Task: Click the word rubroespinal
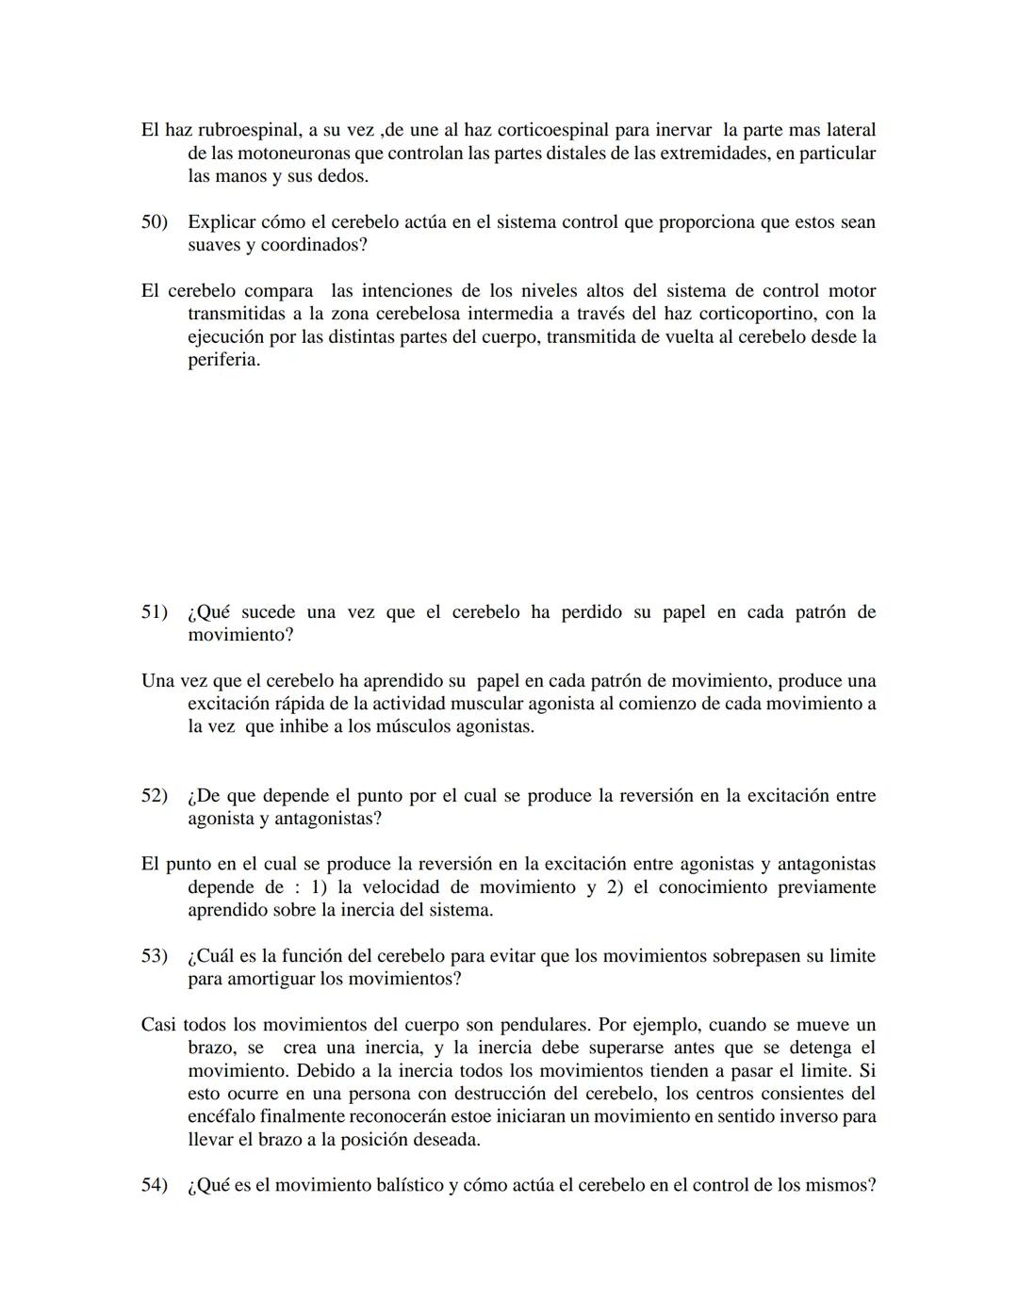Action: click(x=249, y=131)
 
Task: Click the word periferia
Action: click(x=223, y=360)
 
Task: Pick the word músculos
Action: click(x=386, y=727)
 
